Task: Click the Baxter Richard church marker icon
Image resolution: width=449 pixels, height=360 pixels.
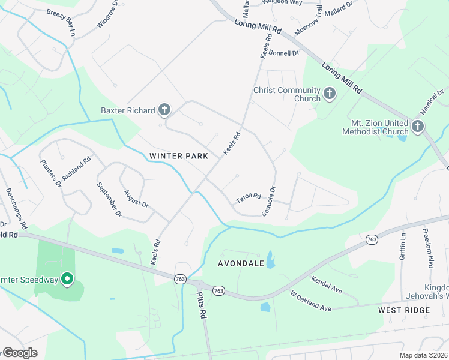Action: coord(164,110)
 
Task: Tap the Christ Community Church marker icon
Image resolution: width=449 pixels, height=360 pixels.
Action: coord(329,93)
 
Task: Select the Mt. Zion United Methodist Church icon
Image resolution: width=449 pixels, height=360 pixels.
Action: coord(418,126)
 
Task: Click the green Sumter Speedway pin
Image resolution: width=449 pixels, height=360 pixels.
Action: coord(67,279)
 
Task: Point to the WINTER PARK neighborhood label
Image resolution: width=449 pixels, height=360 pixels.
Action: coord(179,156)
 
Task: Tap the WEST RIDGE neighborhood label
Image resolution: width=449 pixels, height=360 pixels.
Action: coord(404,310)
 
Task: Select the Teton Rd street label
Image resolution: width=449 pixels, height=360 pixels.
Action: coord(249,197)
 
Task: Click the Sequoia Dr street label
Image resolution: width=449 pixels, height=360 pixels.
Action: coord(268,201)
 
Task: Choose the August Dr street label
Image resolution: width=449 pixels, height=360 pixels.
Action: coord(136,198)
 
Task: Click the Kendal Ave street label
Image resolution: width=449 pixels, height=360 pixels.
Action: coord(327,285)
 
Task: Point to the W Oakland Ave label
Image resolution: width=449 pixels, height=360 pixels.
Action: coord(310,301)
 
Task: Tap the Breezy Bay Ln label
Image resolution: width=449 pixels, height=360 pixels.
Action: coord(63,19)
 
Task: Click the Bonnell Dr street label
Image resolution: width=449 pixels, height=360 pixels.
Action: coord(283,53)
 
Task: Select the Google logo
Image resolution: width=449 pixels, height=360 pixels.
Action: coord(19,353)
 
